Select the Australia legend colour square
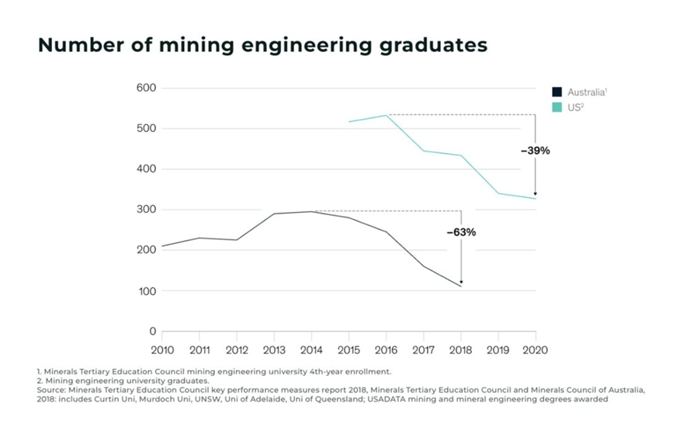click(x=557, y=92)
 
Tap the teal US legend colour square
click(x=557, y=106)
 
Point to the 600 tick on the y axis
click(x=146, y=88)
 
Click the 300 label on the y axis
click(x=146, y=210)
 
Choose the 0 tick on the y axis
click(x=152, y=332)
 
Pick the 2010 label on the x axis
click(x=162, y=350)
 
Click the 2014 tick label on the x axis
click(x=311, y=350)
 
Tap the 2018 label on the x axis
click(x=461, y=350)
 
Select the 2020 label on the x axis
click(x=536, y=350)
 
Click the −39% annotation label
click(x=535, y=151)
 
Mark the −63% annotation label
click(x=461, y=232)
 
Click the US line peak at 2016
click(x=387, y=115)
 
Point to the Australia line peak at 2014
click(x=311, y=211)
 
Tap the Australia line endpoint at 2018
click(x=461, y=287)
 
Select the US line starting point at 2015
click(x=349, y=122)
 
